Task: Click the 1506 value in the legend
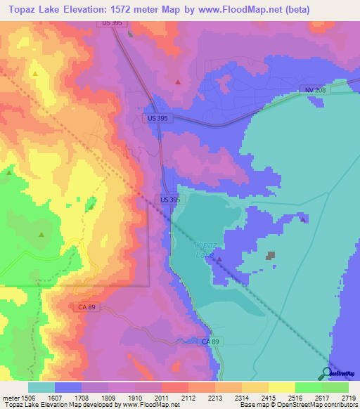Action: coord(27,397)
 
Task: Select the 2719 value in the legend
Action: coord(349,397)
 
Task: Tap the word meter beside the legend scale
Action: coord(10,397)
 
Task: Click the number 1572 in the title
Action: coord(134,11)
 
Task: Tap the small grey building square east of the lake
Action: coord(271,257)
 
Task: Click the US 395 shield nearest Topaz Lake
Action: coord(170,200)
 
